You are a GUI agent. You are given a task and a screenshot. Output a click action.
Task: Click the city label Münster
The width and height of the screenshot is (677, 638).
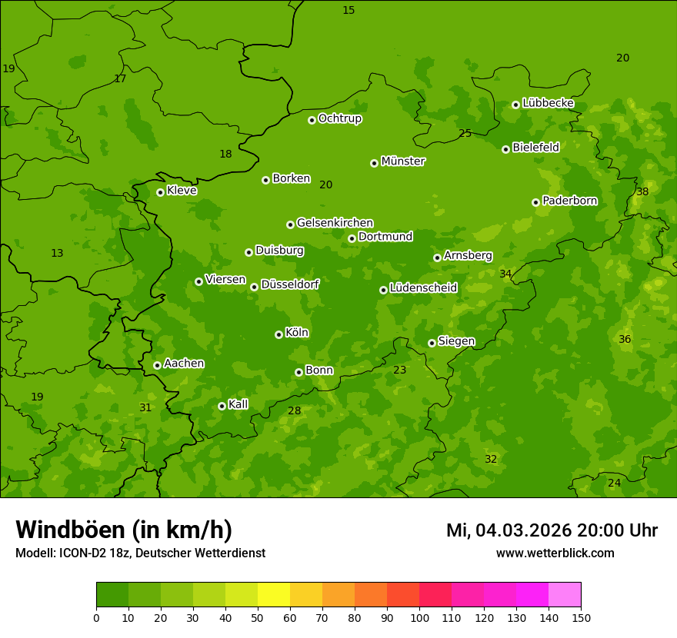(x=403, y=161)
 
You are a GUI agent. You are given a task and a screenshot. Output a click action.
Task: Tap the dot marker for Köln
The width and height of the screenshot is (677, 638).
(x=278, y=334)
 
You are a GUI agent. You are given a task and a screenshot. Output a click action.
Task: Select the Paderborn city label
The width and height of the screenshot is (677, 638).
(x=570, y=201)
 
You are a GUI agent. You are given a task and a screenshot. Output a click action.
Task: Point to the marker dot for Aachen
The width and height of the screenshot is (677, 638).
(x=157, y=365)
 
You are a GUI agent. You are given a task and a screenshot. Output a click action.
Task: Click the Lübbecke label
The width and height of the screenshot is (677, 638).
(x=548, y=103)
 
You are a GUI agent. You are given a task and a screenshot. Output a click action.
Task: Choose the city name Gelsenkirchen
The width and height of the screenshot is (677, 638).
(x=335, y=223)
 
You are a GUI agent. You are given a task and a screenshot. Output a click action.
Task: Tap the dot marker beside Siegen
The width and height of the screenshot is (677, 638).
(x=432, y=343)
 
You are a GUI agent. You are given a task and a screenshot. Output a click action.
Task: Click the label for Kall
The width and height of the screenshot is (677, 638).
(x=238, y=404)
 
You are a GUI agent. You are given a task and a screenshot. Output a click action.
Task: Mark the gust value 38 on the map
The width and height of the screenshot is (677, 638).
(x=642, y=191)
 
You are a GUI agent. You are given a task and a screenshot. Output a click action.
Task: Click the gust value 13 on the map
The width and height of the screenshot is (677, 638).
(x=57, y=253)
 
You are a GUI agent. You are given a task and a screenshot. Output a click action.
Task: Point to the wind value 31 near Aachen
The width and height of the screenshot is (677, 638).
(x=145, y=407)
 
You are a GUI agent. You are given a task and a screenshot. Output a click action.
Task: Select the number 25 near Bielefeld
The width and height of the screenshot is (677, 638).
(x=465, y=133)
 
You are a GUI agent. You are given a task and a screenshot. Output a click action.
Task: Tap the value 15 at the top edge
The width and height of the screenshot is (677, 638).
(x=349, y=10)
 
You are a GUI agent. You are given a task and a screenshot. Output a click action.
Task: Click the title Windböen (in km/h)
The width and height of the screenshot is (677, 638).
(x=124, y=530)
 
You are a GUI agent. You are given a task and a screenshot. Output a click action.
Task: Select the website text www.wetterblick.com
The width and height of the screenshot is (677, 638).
(x=555, y=553)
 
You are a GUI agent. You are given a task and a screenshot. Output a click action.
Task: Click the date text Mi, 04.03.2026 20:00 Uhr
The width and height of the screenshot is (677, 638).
(x=552, y=530)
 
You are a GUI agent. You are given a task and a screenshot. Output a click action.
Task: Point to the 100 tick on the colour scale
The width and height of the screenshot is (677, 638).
(x=419, y=617)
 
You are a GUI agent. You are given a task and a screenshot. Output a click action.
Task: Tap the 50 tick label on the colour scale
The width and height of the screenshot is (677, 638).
(x=258, y=617)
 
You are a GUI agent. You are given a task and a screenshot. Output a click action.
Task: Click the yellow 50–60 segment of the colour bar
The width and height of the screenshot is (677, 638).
(x=274, y=595)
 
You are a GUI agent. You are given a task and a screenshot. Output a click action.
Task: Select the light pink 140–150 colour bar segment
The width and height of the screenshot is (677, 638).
(x=565, y=595)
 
